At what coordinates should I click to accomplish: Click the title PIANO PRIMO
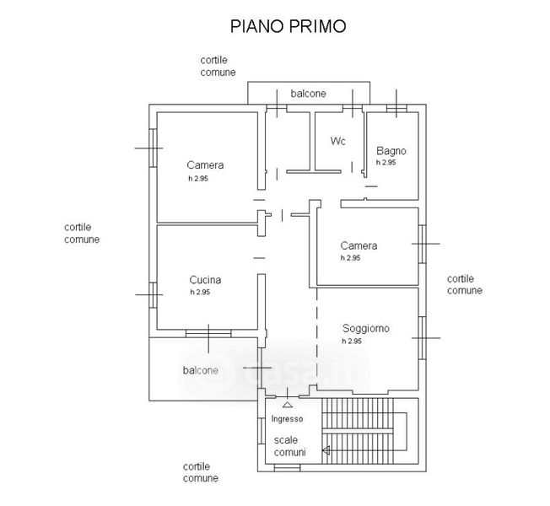(x=288, y=25)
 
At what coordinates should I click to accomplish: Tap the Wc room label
(x=338, y=140)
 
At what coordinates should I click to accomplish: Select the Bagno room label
(x=391, y=151)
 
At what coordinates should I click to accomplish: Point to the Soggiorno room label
(x=365, y=329)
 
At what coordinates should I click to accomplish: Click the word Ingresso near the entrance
(x=287, y=419)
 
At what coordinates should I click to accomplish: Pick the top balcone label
(x=308, y=94)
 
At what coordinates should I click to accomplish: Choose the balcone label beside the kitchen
(x=200, y=370)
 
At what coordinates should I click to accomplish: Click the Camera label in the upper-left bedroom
(x=206, y=165)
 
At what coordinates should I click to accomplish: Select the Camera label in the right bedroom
(x=359, y=246)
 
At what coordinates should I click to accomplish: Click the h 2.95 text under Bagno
(x=386, y=162)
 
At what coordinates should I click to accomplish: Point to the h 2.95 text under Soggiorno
(x=352, y=342)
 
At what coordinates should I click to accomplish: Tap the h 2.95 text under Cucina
(x=200, y=292)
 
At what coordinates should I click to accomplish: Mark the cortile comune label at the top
(x=218, y=66)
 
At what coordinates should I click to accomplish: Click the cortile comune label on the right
(x=465, y=284)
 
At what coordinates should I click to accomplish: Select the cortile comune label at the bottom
(x=201, y=472)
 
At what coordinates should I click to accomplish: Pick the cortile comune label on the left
(x=82, y=233)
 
